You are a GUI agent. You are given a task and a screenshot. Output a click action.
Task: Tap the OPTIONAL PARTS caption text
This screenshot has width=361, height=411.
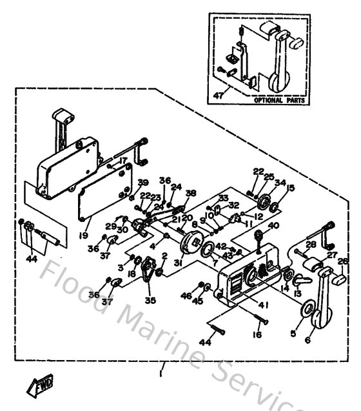(278, 101)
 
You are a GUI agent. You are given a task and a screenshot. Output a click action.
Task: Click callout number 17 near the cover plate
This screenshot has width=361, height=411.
(122, 161)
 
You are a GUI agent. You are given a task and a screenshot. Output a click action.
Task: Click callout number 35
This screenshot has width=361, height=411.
(151, 299)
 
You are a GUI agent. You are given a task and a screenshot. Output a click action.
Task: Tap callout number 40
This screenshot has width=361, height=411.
(273, 225)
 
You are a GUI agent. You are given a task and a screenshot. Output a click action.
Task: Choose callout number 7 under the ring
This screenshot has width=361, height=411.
(215, 263)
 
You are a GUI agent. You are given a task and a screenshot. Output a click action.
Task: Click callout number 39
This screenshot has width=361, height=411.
(142, 182)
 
